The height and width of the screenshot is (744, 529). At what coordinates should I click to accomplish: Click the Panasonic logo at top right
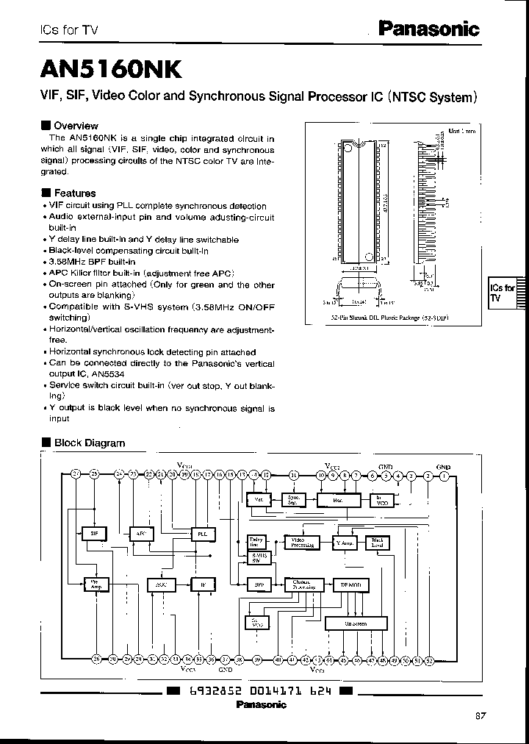point(428,29)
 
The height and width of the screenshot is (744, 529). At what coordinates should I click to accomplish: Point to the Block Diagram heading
point(89,443)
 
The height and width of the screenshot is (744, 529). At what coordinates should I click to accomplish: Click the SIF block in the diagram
point(94,533)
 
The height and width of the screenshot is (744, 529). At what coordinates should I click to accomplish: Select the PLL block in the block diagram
point(202,533)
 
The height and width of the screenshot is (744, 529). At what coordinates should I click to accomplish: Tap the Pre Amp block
point(95,584)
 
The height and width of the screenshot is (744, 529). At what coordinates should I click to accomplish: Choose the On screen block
point(356,623)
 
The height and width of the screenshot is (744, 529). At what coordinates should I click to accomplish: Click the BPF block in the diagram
point(259,584)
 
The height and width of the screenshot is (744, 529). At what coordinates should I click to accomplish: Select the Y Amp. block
point(344,543)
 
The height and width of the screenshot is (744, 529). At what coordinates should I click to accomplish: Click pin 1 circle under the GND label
point(444,475)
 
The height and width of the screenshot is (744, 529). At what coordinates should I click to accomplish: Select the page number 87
point(481,715)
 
